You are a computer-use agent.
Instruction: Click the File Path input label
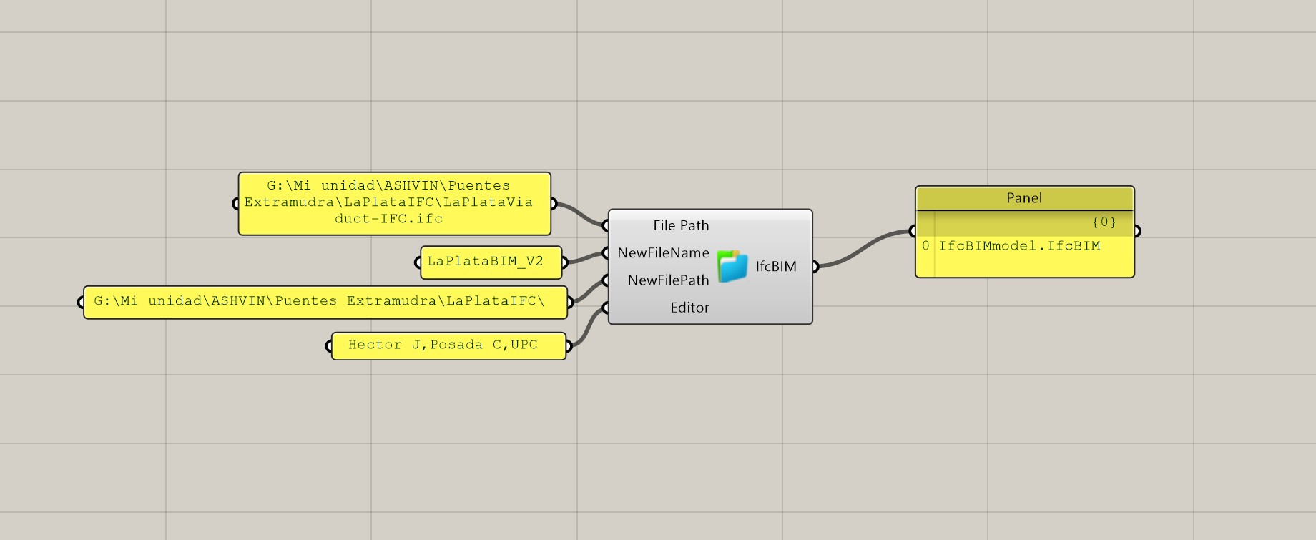click(x=680, y=226)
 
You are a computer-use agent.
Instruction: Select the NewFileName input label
click(x=663, y=253)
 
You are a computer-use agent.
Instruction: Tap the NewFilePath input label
click(x=668, y=280)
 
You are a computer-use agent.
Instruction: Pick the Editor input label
click(x=689, y=308)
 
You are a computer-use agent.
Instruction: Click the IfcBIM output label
click(x=776, y=267)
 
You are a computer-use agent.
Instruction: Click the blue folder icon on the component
click(x=732, y=266)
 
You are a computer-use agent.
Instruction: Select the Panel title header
click(x=1024, y=198)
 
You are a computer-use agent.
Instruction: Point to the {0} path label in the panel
click(x=1104, y=222)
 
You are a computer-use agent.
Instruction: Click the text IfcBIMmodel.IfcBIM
click(x=1019, y=246)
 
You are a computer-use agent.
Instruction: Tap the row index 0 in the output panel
click(x=925, y=246)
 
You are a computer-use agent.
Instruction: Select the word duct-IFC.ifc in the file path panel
click(x=388, y=219)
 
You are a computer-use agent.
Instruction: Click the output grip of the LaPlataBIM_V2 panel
click(x=564, y=262)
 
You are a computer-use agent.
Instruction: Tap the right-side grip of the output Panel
click(x=1136, y=231)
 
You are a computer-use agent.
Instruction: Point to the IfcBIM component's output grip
click(x=815, y=267)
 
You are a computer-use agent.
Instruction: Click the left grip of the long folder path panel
click(x=82, y=303)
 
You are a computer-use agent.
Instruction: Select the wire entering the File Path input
click(x=579, y=212)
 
